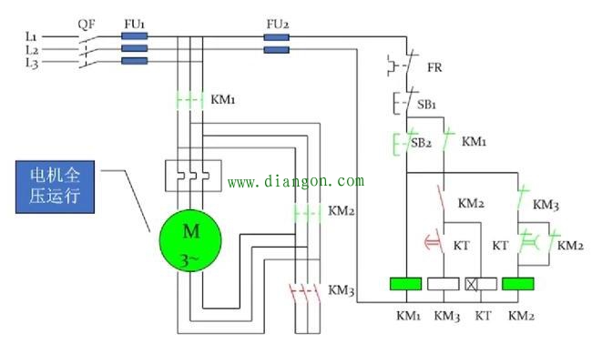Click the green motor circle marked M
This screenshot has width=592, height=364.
[x=190, y=240]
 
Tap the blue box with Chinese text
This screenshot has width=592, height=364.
[x=56, y=187]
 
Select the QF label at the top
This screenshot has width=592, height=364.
[x=87, y=25]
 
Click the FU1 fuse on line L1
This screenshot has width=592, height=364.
[x=135, y=36]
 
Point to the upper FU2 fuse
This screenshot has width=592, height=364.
[x=276, y=37]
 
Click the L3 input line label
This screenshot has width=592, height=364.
[x=32, y=63]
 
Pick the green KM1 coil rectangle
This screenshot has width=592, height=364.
[x=406, y=284]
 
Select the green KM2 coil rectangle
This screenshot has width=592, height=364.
[x=518, y=284]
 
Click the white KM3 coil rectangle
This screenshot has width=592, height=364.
[x=444, y=284]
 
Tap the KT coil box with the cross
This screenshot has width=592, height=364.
[x=481, y=284]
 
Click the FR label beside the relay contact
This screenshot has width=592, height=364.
[x=434, y=67]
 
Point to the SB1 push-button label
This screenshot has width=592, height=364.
[x=426, y=105]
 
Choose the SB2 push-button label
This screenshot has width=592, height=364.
[x=421, y=143]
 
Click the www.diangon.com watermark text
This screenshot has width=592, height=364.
[x=296, y=181]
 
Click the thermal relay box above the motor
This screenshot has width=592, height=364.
[x=193, y=176]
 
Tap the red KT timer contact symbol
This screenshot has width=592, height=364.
[x=434, y=240]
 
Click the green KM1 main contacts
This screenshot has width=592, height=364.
[x=190, y=100]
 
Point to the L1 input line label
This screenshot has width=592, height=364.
[x=31, y=37]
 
